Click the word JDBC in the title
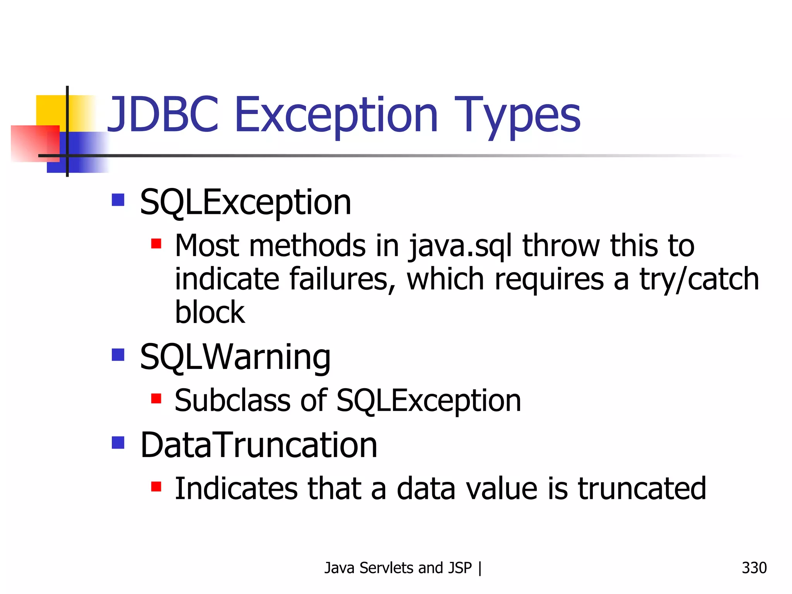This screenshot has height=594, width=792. click(x=162, y=115)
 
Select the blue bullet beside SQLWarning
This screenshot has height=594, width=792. click(x=118, y=355)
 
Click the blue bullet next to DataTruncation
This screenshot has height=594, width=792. click(x=118, y=442)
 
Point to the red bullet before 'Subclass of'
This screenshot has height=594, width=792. click(x=156, y=398)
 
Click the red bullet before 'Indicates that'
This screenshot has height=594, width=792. click(x=156, y=486)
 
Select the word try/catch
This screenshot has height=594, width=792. click(x=699, y=279)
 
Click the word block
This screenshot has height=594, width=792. click(x=210, y=312)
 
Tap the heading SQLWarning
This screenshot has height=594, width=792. click(x=235, y=357)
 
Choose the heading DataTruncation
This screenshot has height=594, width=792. click(x=258, y=445)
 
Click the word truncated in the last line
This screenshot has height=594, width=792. click(x=642, y=489)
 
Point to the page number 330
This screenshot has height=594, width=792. click(x=754, y=568)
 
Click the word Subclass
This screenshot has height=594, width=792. click(x=232, y=401)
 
